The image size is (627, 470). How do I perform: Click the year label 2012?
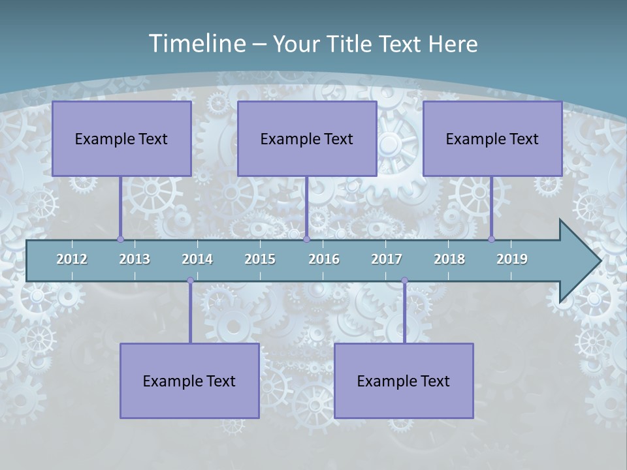[72, 259]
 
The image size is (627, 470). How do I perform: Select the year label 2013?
[135, 259]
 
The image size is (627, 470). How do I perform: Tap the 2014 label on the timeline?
[197, 259]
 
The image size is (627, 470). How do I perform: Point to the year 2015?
[260, 259]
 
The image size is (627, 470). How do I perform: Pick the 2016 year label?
[324, 259]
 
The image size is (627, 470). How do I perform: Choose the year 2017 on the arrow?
[387, 259]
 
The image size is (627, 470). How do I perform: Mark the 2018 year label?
[449, 259]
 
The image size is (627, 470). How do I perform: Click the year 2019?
[512, 259]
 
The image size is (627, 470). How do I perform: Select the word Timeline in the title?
[196, 44]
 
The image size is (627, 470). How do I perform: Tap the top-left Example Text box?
[121, 138]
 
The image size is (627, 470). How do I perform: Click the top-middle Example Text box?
[307, 138]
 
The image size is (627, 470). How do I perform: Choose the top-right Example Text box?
[492, 138]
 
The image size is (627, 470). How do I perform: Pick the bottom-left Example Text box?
[189, 381]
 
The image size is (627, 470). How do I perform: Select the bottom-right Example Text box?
[404, 381]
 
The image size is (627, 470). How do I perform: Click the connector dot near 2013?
[120, 239]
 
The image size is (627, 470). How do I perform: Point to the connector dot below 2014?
[190, 281]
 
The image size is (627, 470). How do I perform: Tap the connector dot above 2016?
[306, 239]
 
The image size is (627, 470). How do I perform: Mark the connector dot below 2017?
[404, 281]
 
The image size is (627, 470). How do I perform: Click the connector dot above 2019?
[491, 239]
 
